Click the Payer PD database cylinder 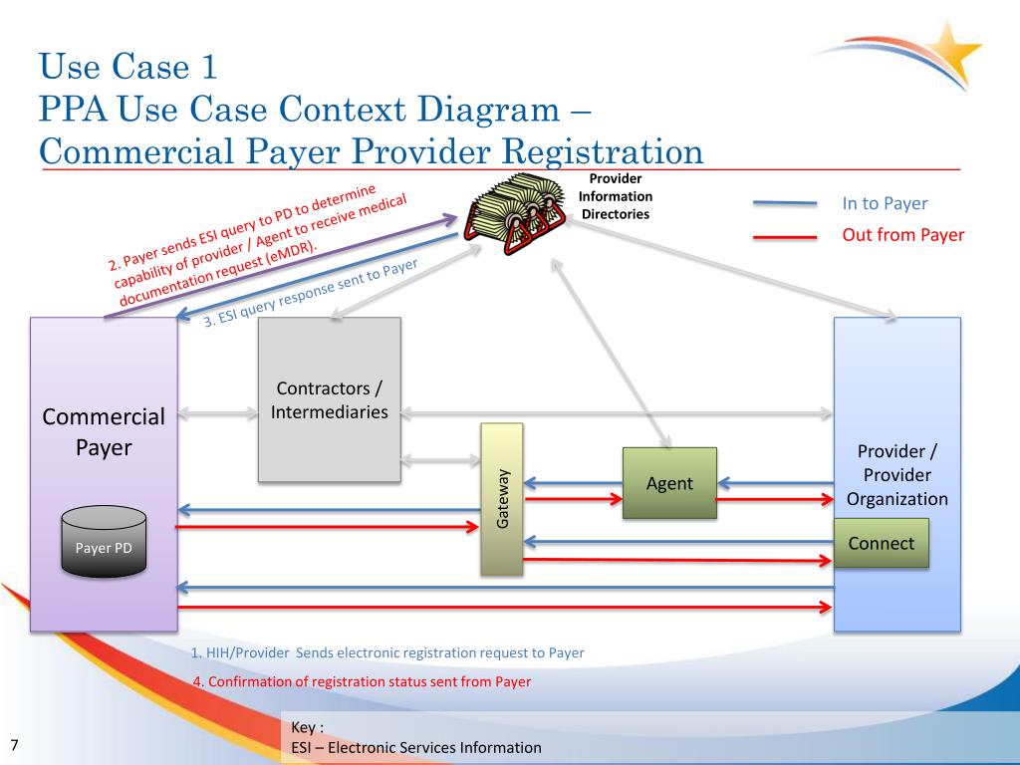click(104, 541)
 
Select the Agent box click(669, 483)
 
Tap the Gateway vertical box click(502, 499)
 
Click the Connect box click(882, 543)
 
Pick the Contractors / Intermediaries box click(329, 399)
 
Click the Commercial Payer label click(104, 432)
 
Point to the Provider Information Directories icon click(515, 213)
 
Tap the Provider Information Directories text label click(616, 196)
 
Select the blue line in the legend click(785, 203)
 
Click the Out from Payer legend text click(902, 235)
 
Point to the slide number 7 click(14, 745)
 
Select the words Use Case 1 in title click(127, 67)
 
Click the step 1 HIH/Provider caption click(387, 652)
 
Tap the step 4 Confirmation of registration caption click(363, 681)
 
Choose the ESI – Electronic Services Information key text click(416, 747)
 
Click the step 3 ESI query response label click(311, 293)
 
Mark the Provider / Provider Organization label click(897, 475)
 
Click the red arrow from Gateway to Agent click(573, 500)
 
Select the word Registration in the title click(603, 152)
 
